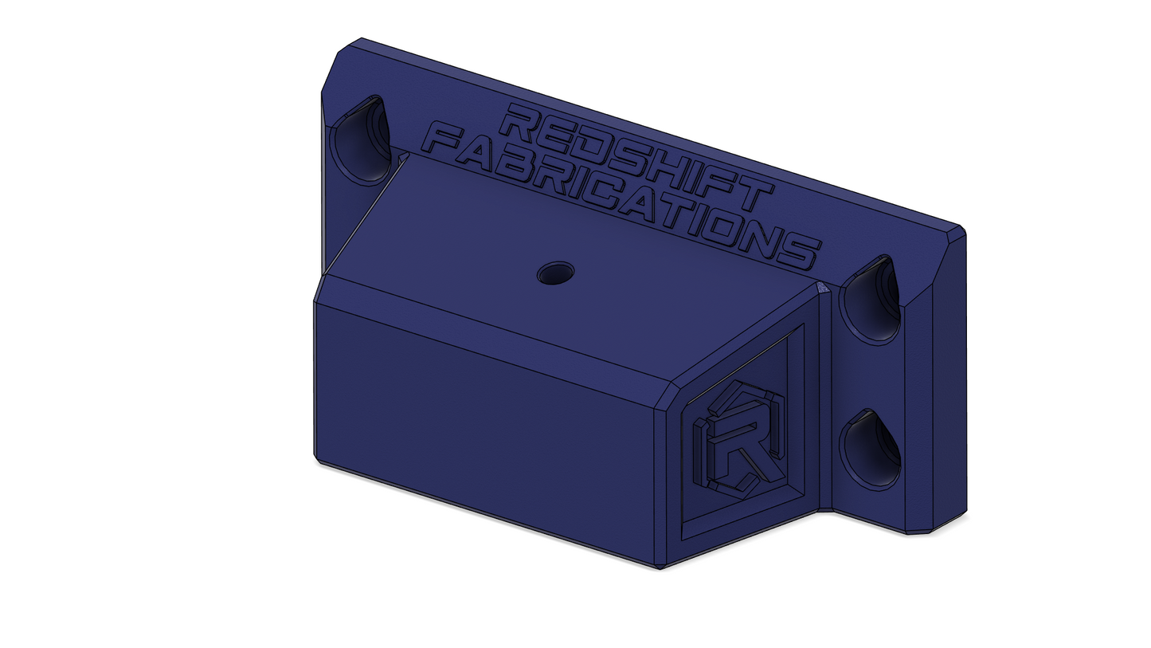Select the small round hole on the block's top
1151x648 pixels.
click(555, 273)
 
